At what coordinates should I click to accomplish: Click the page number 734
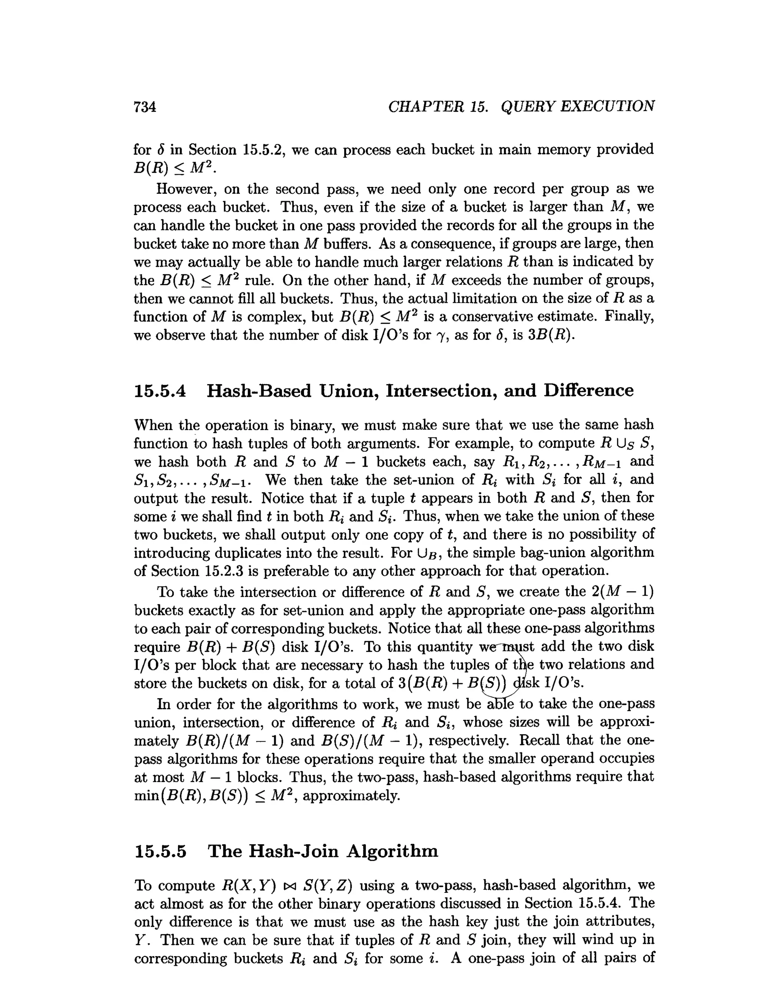point(145,107)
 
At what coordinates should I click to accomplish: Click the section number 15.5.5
point(160,851)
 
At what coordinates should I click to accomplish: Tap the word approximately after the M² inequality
point(351,796)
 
